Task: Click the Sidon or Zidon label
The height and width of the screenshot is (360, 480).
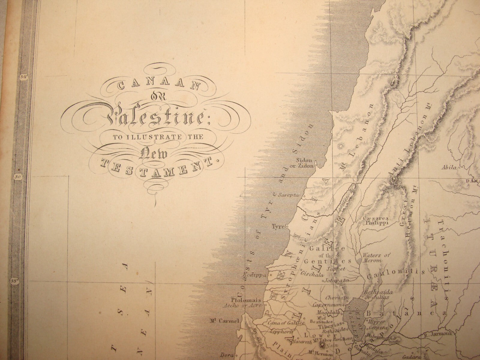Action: (305, 163)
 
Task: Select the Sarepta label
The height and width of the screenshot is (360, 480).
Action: (288, 195)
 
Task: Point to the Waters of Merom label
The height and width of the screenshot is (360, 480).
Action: (376, 258)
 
